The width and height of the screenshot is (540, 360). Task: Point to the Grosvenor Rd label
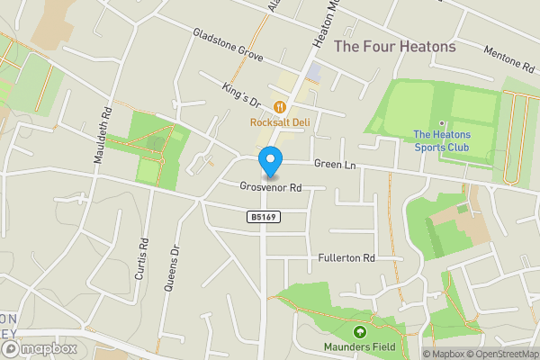coord(270,187)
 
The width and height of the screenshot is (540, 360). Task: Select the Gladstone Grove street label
coord(227,45)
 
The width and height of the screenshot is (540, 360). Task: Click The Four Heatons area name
coord(394,46)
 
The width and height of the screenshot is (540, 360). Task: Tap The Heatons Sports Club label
coord(442,141)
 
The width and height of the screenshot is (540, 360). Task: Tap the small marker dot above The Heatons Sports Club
coord(442,123)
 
